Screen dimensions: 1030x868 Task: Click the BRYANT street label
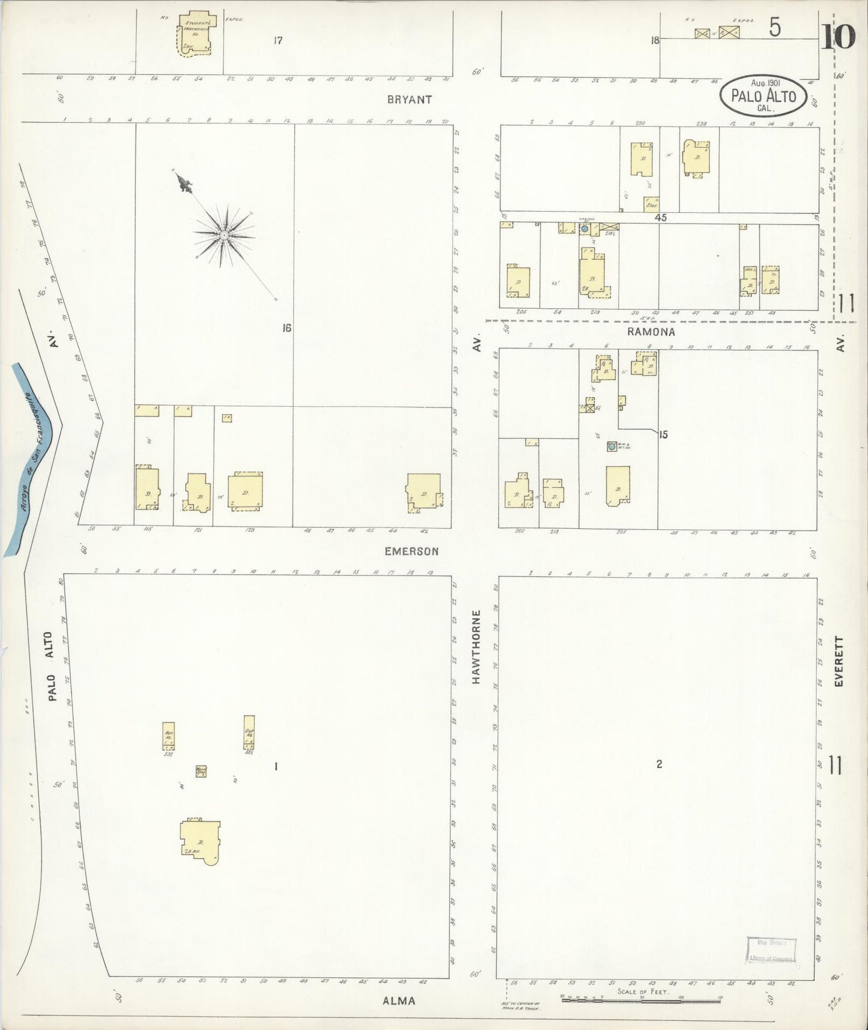pyautogui.click(x=409, y=100)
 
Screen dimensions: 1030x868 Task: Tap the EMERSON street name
pyautogui.click(x=411, y=551)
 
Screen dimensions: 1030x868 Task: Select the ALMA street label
pyautogui.click(x=399, y=1001)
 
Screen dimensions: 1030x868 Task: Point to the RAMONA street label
pyautogui.click(x=651, y=332)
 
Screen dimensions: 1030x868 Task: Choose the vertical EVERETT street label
pyautogui.click(x=840, y=662)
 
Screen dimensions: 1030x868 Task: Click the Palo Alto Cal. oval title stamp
pyautogui.click(x=763, y=96)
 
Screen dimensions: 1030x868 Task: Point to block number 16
pyautogui.click(x=287, y=328)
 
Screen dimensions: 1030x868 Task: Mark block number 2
pyautogui.click(x=659, y=764)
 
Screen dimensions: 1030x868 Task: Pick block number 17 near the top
pyautogui.click(x=277, y=41)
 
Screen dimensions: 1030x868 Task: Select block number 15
pyautogui.click(x=663, y=434)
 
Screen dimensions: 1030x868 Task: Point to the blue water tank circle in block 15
pyautogui.click(x=612, y=446)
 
